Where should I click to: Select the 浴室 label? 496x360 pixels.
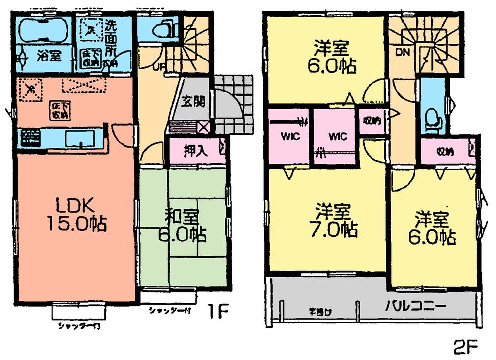click(x=49, y=56)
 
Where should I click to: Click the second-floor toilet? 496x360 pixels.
click(x=432, y=118)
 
